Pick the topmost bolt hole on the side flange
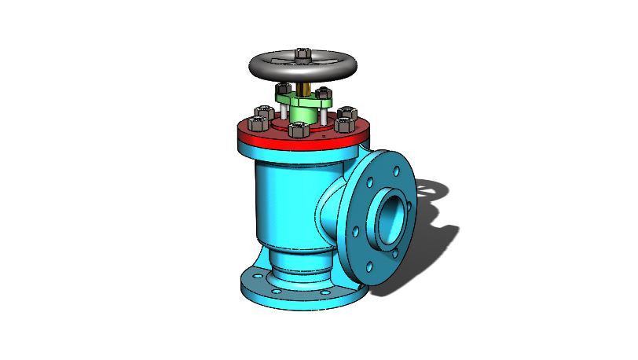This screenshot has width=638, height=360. [x=393, y=167]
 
